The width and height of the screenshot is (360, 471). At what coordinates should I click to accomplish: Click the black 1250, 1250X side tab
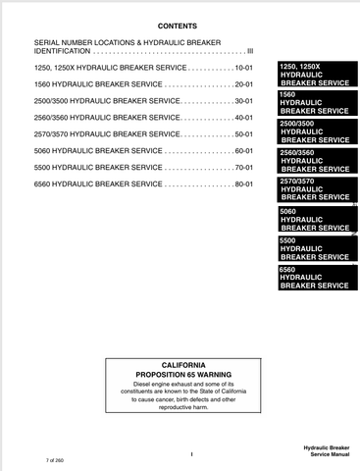tap(314, 75)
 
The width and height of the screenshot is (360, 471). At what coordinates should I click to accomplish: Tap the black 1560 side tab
tap(314, 103)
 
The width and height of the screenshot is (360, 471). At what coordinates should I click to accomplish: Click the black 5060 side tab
tap(314, 220)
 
